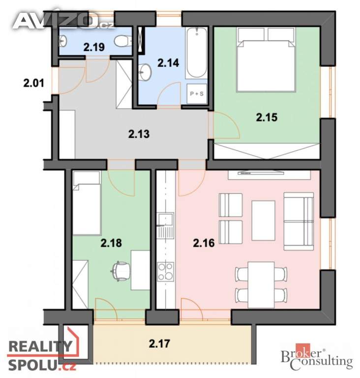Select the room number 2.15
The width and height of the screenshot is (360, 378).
pyautogui.click(x=267, y=117)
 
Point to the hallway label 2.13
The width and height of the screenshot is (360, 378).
pyautogui.click(x=139, y=133)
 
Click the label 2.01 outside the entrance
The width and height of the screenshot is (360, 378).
pyautogui.click(x=33, y=84)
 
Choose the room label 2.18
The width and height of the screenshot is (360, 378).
pyautogui.click(x=111, y=243)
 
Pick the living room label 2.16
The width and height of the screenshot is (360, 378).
pyautogui.click(x=204, y=243)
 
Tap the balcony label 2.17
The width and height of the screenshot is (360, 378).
pyautogui.click(x=159, y=343)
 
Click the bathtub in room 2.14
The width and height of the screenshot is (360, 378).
pyautogui.click(x=197, y=54)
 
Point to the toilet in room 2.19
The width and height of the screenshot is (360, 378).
pyautogui.click(x=120, y=40)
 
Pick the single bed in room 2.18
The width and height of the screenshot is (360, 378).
pyautogui.click(x=87, y=202)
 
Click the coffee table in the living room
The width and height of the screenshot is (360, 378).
pyautogui.click(x=263, y=220)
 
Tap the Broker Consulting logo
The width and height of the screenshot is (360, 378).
pyautogui.click(x=317, y=358)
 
